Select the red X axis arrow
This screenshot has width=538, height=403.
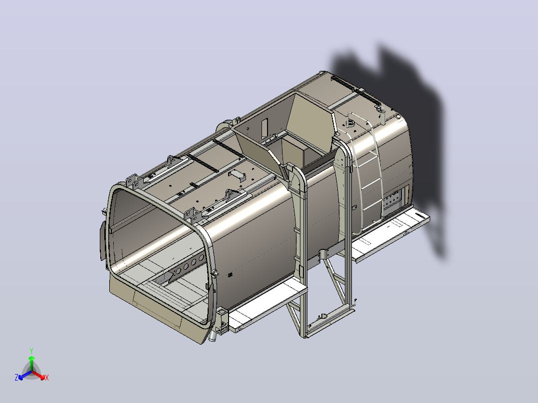tap(38, 375)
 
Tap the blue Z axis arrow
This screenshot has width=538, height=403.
tap(25, 375)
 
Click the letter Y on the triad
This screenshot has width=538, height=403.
tap(31, 351)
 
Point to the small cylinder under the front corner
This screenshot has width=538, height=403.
tap(213, 337)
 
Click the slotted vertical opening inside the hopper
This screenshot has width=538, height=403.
tap(264, 129)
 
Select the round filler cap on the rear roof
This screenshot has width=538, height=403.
tap(350, 122)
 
